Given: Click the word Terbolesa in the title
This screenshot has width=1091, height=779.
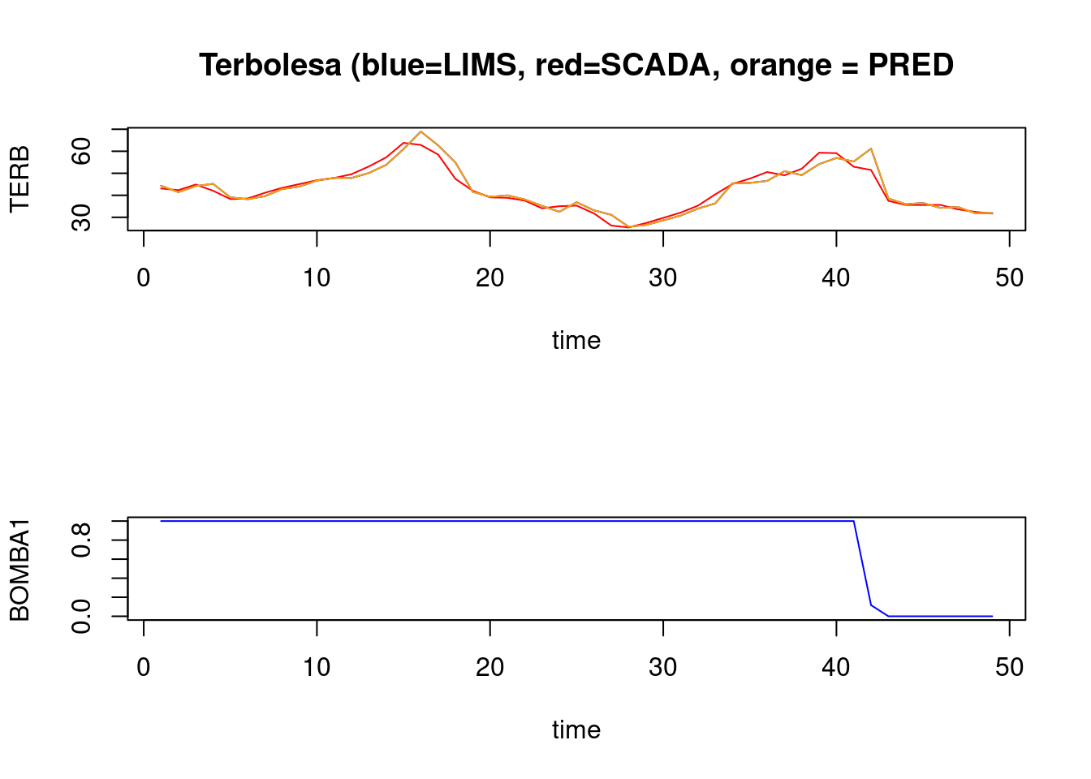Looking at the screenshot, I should [270, 65].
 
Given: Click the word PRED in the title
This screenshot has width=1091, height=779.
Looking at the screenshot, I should [910, 65].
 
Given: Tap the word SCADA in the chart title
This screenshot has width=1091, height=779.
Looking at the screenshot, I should [654, 65].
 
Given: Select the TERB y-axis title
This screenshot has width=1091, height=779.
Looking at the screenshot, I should [19, 179].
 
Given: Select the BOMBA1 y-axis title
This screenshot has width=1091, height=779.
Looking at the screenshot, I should [19, 570].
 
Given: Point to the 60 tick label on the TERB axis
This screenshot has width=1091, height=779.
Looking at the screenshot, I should [81, 152].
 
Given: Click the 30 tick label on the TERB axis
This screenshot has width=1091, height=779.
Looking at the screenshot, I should [81, 217].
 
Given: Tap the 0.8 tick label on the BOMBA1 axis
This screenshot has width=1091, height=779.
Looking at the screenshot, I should [81, 540].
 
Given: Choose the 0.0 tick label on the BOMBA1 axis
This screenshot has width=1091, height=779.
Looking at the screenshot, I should [81, 616].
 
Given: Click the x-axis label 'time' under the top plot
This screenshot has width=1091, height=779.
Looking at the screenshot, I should [576, 340].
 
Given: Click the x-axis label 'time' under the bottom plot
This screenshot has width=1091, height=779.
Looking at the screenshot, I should [576, 730].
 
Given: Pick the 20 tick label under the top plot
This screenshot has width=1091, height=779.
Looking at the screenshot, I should [489, 278].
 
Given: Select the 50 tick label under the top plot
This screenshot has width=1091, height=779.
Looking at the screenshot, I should [1009, 278].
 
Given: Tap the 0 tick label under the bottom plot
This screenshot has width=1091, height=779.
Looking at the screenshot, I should [144, 668].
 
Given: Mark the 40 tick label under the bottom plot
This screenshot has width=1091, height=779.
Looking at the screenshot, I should [836, 668].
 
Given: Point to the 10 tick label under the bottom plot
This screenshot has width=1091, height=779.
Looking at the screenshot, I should [317, 668].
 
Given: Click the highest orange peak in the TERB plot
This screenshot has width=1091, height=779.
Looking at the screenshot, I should [420, 131].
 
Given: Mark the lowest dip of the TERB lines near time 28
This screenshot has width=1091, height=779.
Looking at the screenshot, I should [628, 227].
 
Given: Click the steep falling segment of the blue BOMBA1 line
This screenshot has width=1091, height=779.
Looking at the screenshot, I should [862, 563].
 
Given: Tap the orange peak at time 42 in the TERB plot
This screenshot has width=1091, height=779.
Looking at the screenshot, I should [871, 148].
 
